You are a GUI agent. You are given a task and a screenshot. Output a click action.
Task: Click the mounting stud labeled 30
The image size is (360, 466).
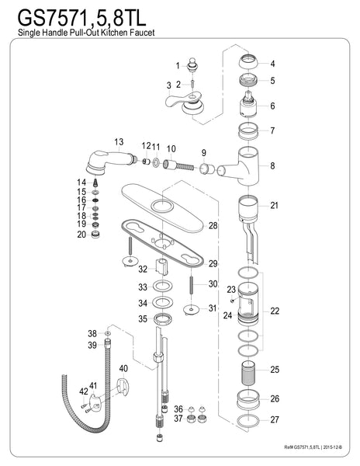pos(190,284)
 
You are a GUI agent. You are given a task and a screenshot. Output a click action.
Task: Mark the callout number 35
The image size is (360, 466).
pos(142,318)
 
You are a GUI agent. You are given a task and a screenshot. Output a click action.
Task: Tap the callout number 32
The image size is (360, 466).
pos(142,270)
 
